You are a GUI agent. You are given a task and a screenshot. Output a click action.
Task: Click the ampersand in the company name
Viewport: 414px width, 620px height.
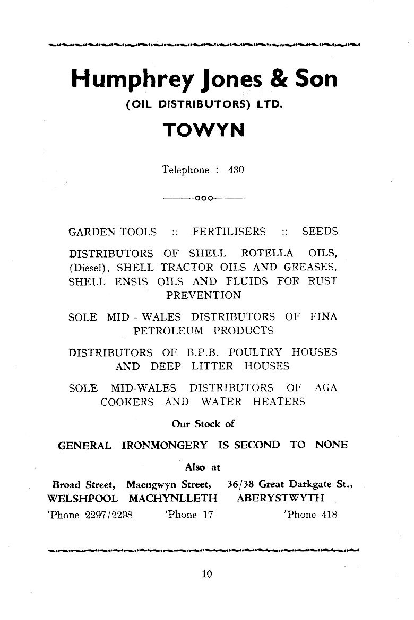(x=279, y=79)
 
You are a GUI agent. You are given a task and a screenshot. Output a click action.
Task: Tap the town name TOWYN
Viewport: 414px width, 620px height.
(x=204, y=130)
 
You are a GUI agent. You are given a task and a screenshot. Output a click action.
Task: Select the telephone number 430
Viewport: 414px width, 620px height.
(x=236, y=170)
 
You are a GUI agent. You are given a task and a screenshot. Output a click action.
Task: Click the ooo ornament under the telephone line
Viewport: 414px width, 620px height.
(x=204, y=199)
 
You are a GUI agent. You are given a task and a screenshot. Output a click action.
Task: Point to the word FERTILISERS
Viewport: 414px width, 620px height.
(x=229, y=232)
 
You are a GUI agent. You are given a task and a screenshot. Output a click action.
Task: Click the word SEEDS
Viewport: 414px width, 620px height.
(x=320, y=232)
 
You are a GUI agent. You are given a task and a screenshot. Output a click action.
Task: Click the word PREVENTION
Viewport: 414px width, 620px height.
(x=204, y=295)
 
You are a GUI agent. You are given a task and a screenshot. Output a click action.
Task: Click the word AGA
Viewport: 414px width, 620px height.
(x=325, y=387)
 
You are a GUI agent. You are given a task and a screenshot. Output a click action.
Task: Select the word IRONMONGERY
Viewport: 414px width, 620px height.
(x=165, y=445)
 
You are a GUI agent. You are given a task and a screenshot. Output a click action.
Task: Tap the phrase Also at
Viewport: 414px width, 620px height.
(x=202, y=467)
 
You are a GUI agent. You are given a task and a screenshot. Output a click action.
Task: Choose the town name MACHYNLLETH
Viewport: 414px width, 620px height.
(x=173, y=499)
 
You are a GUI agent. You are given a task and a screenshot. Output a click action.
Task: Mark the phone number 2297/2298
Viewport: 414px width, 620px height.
(x=108, y=515)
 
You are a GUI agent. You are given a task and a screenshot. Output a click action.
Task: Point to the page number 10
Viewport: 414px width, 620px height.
(x=206, y=573)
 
